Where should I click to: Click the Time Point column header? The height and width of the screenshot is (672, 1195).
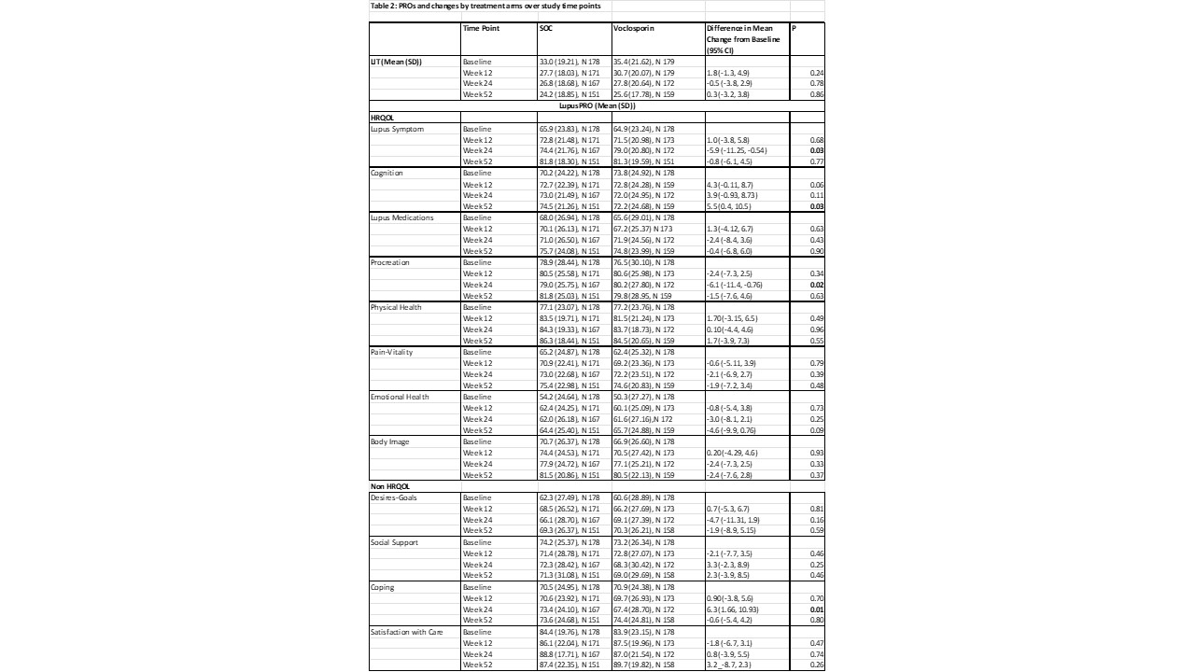tap(481, 28)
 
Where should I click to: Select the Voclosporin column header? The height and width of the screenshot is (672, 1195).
tap(635, 28)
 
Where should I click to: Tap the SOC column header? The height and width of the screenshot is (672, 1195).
tap(546, 28)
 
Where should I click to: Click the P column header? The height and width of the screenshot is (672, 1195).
tap(794, 28)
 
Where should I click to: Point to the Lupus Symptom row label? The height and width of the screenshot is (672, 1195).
tap(398, 129)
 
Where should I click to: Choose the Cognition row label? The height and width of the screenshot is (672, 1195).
tap(387, 174)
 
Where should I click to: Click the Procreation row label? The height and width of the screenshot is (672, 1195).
tap(390, 263)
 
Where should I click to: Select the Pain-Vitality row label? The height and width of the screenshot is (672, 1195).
tap(392, 352)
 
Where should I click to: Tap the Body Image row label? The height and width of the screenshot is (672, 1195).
tap(390, 441)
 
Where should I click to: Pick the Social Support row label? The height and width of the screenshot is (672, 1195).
tap(393, 542)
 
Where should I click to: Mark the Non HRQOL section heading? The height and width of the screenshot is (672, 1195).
tap(390, 486)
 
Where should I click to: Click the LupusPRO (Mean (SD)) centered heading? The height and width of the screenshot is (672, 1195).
tap(597, 106)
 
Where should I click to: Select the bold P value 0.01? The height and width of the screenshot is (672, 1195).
tap(817, 609)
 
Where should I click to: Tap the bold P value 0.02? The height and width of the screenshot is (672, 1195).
tap(817, 285)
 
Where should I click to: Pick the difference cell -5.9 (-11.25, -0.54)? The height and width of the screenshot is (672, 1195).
tap(737, 151)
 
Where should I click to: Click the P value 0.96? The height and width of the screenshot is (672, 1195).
tap(817, 329)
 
